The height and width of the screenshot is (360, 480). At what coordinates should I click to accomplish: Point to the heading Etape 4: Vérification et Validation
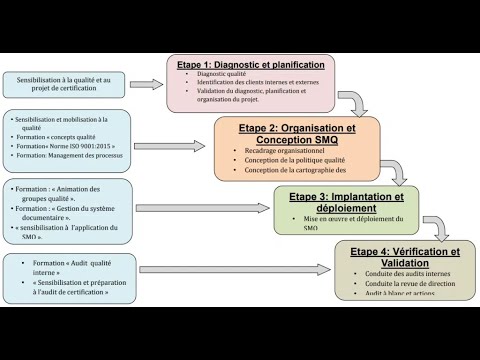pos(407,256)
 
